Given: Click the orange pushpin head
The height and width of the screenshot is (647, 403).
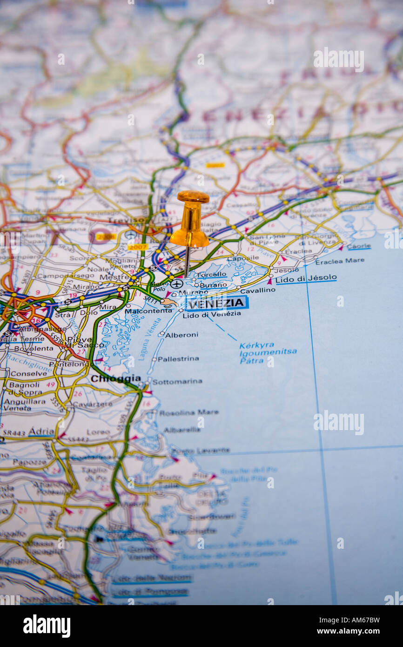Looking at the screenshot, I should coord(189,219).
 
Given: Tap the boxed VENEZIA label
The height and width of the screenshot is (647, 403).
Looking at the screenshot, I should coord(217,303).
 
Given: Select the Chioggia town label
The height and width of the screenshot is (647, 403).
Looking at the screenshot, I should coord(115,378).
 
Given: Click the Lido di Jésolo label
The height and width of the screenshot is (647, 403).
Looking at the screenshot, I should coord(306,278).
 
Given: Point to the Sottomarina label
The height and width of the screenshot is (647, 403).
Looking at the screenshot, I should coord(177,381).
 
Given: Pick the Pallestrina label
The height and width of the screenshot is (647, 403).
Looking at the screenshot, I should coord(178,358).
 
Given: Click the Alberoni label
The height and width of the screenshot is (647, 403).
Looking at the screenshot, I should coord(181,335).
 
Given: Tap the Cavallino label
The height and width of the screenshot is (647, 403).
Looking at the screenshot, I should coord(257,290).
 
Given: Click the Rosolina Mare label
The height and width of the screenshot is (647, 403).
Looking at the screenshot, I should coord(188,412).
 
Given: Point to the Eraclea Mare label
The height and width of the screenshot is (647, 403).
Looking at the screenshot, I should coord(340,261).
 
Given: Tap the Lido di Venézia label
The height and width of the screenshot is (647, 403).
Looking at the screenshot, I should coord(212,314).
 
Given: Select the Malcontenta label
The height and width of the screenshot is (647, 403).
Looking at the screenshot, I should coord(148,310).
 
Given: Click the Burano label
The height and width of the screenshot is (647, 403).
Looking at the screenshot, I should coord(213,284).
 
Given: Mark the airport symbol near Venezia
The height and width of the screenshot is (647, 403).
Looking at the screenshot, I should coord(176,283).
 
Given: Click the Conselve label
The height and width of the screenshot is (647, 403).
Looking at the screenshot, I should coord(28,373).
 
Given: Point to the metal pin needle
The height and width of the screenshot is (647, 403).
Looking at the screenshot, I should coord(187,261).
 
